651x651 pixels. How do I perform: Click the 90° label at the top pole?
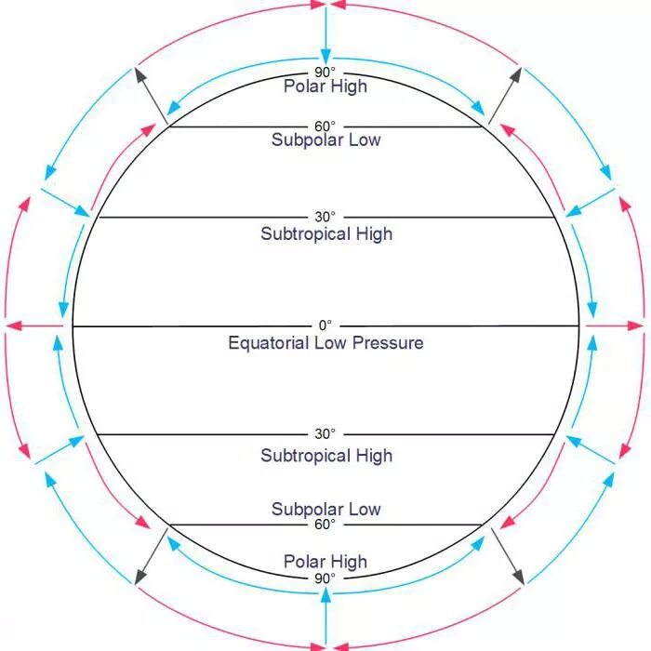click(x=325, y=71)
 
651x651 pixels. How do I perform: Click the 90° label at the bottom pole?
click(x=325, y=578)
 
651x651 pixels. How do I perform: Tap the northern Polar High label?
click(x=325, y=86)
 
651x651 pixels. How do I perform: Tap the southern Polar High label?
click(x=325, y=562)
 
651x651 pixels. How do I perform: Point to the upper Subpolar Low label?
click(x=326, y=139)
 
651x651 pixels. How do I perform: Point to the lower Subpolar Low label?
click(x=326, y=509)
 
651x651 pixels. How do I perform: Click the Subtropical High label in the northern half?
click(x=326, y=233)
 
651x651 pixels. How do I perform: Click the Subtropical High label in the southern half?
click(x=326, y=456)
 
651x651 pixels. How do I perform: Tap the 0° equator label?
click(x=325, y=325)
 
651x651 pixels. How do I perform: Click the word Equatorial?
click(x=270, y=343)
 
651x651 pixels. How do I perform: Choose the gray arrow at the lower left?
click(x=152, y=556)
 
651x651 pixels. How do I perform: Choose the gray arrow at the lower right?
click(x=504, y=556)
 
